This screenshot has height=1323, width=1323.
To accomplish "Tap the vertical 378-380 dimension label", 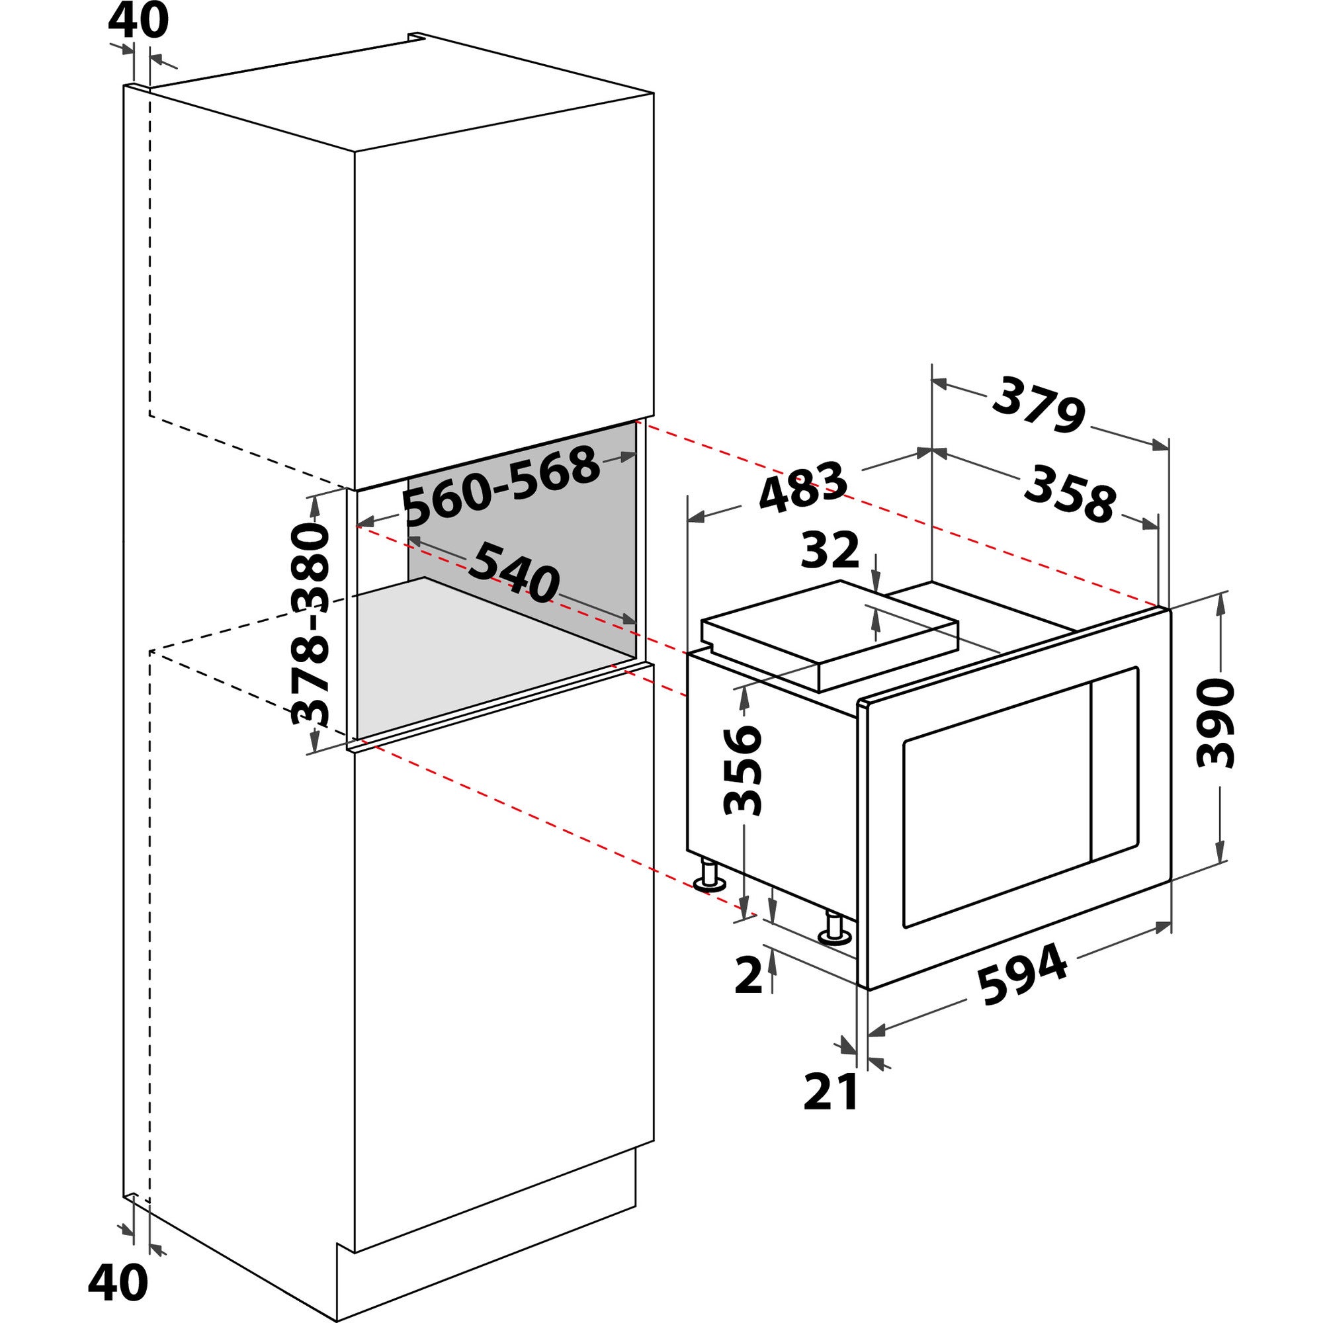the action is pyautogui.click(x=310, y=624).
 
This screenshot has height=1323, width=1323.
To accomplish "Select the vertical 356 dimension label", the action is pyautogui.click(x=742, y=771).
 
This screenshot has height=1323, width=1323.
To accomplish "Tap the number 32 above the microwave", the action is pyautogui.click(x=830, y=549).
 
